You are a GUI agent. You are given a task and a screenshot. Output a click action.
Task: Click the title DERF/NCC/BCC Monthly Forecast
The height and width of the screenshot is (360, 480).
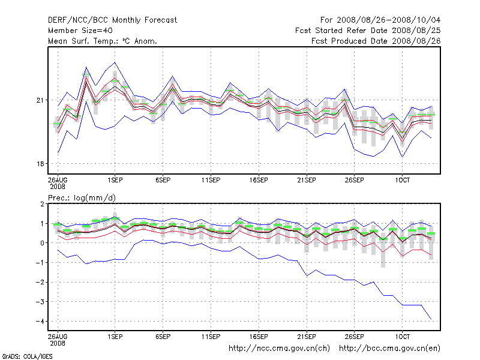112,20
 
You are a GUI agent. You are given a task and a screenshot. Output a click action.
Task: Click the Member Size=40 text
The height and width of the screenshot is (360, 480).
80,30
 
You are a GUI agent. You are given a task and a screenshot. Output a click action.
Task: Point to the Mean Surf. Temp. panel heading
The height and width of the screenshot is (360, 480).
103,41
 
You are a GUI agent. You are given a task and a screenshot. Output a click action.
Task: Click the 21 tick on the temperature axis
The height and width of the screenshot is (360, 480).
41,100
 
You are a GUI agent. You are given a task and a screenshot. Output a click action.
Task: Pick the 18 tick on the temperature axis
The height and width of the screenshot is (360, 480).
41,164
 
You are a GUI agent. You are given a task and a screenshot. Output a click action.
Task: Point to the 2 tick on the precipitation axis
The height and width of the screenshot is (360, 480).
43,204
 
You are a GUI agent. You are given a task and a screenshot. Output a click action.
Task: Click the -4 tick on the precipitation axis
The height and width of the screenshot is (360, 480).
41,322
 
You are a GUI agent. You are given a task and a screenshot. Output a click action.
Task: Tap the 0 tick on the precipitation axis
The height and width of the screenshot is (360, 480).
43,243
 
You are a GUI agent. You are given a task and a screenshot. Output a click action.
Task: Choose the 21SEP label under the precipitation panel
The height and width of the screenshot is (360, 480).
307,337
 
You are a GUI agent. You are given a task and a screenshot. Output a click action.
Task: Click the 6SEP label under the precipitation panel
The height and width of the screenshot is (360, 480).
163,337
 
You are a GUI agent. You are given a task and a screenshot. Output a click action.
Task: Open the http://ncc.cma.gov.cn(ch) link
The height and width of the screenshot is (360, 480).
280,348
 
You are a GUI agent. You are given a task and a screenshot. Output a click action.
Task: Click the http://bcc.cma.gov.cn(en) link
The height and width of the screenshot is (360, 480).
389,348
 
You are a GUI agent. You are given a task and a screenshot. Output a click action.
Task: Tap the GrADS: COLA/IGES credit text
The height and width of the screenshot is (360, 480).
27,356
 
